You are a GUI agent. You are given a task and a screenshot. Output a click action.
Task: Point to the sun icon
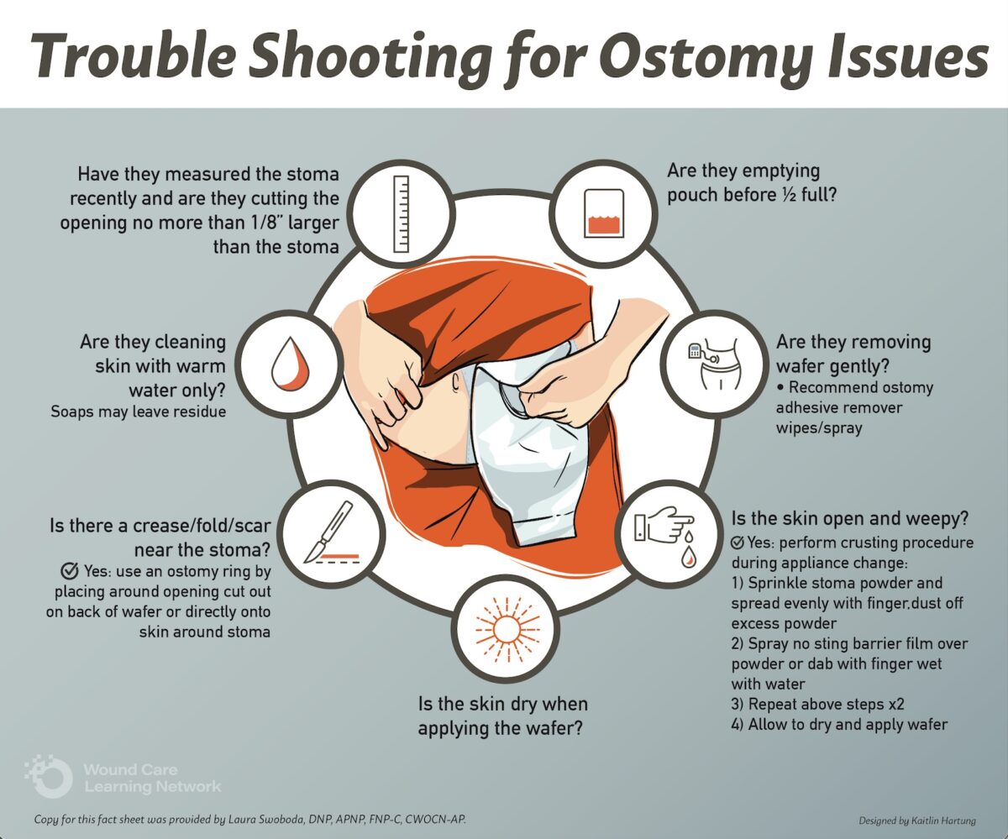point(500,628)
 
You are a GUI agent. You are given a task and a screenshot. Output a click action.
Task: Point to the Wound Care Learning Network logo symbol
point(49,777)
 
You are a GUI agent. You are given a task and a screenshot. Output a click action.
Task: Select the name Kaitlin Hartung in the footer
point(942,820)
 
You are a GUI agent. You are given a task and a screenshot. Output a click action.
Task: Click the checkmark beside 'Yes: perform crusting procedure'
point(738,543)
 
